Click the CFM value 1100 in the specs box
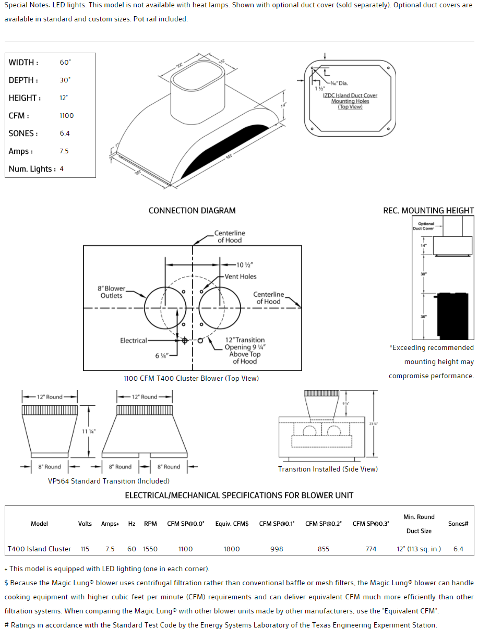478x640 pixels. pyautogui.click(x=67, y=116)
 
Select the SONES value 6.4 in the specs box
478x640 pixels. pyautogui.click(x=65, y=134)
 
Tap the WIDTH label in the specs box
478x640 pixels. pyautogui.click(x=23, y=63)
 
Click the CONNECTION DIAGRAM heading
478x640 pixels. pyautogui.click(x=192, y=211)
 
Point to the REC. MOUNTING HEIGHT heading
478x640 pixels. pyautogui.click(x=428, y=211)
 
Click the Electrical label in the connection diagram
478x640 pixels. pyautogui.click(x=134, y=341)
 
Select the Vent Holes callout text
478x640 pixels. pyautogui.click(x=241, y=276)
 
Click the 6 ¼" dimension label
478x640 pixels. pyautogui.click(x=161, y=356)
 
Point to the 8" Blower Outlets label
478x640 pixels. pyautogui.click(x=111, y=292)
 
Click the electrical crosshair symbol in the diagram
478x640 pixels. pyautogui.click(x=184, y=341)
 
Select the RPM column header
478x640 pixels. pyautogui.click(x=150, y=524)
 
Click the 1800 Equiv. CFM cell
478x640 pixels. pyautogui.click(x=232, y=549)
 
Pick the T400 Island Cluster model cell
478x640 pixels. pyautogui.click(x=40, y=549)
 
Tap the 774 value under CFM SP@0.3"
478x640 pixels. pyautogui.click(x=371, y=549)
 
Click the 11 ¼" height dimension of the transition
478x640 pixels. pyautogui.click(x=89, y=431)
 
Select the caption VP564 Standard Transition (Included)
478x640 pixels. pyautogui.click(x=109, y=481)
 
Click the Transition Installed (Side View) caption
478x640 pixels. pyautogui.click(x=328, y=469)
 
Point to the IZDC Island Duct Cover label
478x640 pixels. pyautogui.click(x=350, y=95)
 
